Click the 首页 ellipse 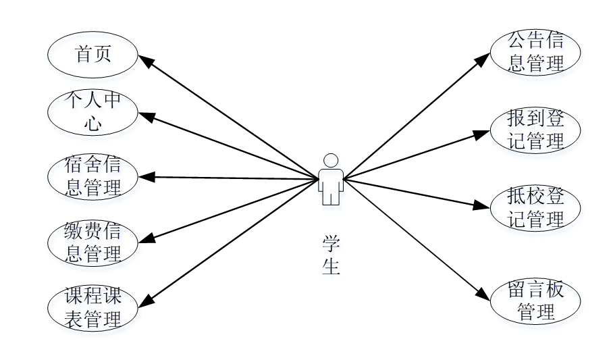(92, 55)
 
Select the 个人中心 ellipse (92, 112)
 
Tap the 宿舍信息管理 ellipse (92, 176)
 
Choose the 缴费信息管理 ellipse (92, 242)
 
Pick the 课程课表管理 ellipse (92, 307)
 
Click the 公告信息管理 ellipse (535, 52)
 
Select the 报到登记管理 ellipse (535, 130)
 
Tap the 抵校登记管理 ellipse (535, 208)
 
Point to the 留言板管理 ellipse (535, 301)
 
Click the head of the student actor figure (331, 161)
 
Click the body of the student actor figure (331, 185)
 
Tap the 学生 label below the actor (331, 255)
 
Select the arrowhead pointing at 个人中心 (145, 116)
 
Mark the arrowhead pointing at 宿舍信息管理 (144, 177)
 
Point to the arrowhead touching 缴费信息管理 (145, 237)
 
